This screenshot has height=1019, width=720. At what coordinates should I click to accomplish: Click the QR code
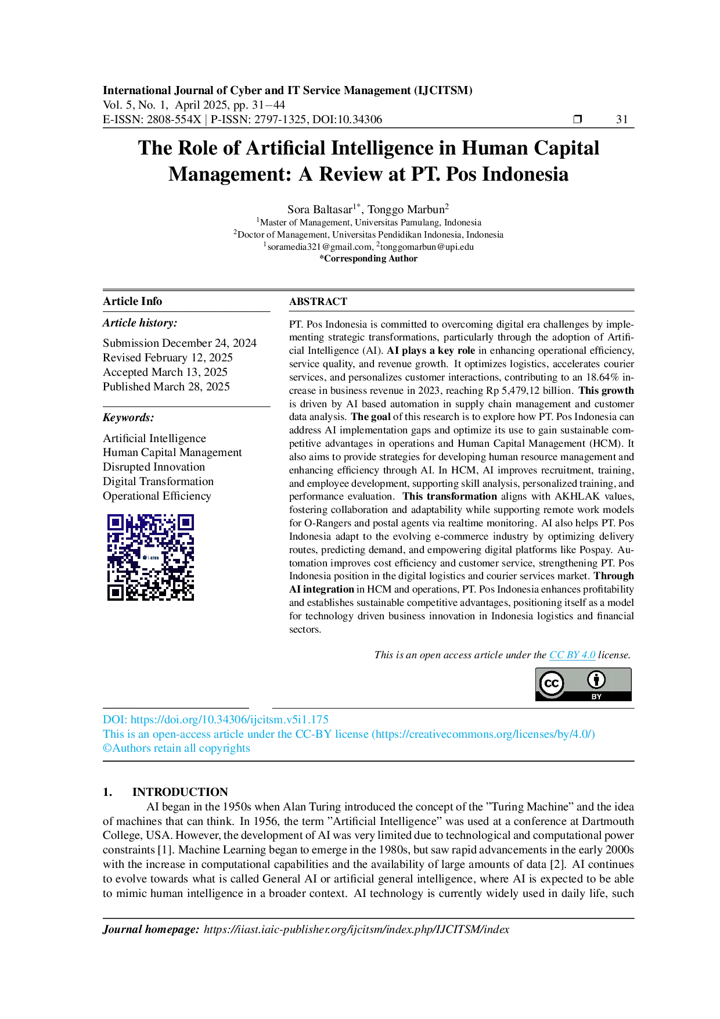pyautogui.click(x=150, y=557)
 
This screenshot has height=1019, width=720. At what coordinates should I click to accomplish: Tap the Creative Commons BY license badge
pyautogui.click(x=583, y=684)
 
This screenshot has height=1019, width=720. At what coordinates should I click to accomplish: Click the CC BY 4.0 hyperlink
pyautogui.click(x=573, y=655)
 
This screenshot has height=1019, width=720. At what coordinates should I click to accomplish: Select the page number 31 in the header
pyautogui.click(x=622, y=119)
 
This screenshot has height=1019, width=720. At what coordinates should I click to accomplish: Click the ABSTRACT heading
pyautogui.click(x=318, y=302)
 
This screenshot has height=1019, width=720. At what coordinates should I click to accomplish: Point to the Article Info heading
pyautogui.click(x=132, y=301)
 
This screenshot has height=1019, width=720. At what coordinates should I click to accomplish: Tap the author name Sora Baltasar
pyautogui.click(x=320, y=209)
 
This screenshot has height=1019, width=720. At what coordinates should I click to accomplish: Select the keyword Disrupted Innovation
pyautogui.click(x=154, y=467)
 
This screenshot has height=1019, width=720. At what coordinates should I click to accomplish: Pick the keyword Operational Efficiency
pyautogui.click(x=157, y=496)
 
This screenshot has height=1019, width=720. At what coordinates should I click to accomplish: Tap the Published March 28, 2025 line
pyautogui.click(x=166, y=386)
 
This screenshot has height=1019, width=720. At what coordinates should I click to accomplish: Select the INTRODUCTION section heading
pyautogui.click(x=180, y=792)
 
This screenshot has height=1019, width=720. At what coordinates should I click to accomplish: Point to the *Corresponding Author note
pyautogui.click(x=368, y=259)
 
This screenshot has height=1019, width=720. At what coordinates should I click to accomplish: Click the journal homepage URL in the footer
pyautogui.click(x=357, y=929)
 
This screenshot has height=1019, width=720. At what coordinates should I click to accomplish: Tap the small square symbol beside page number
pyautogui.click(x=577, y=119)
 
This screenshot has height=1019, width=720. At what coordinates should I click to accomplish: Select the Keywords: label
pyautogui.click(x=128, y=417)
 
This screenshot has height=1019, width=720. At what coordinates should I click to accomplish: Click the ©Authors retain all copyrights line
pyautogui.click(x=177, y=748)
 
